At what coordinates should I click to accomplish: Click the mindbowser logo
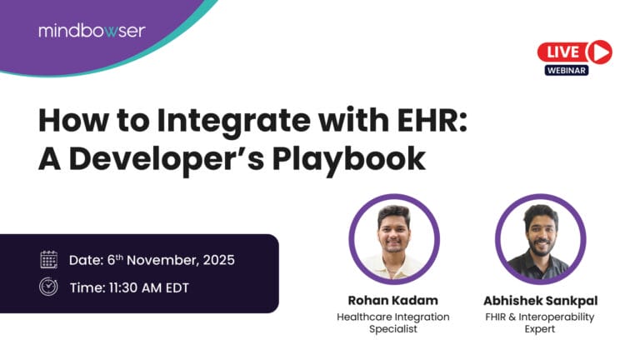pos(91,31)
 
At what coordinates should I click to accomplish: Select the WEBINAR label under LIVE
pos(567,71)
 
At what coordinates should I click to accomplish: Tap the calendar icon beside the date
pos(48,259)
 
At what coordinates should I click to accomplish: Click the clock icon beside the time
pos(48,286)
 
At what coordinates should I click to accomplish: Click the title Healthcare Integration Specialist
pos(392,323)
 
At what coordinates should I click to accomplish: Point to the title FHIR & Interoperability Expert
pos(538,323)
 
